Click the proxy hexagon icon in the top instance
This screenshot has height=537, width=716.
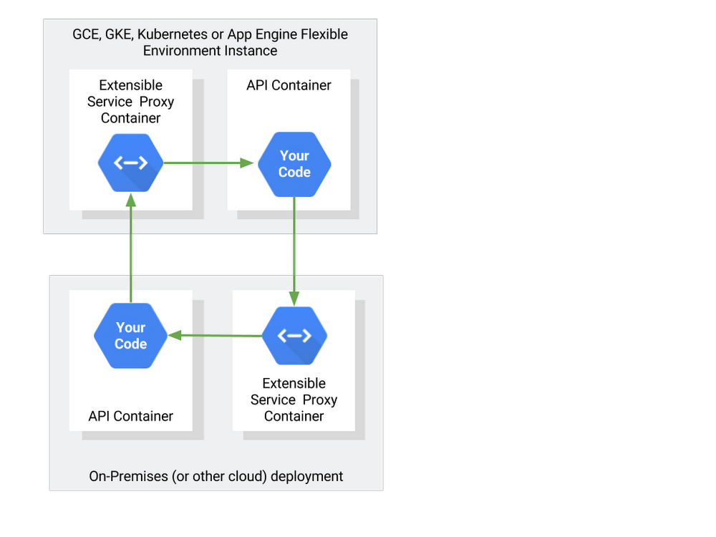click(130, 163)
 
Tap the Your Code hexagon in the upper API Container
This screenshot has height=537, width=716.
click(294, 165)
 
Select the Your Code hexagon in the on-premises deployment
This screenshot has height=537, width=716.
click(130, 336)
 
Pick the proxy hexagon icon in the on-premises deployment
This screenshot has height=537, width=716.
click(294, 336)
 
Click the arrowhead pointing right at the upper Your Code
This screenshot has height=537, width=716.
click(246, 163)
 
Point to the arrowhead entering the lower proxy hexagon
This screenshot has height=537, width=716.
click(294, 299)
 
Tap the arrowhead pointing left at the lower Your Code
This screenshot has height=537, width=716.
click(175, 336)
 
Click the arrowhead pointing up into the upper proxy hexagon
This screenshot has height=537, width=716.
click(131, 200)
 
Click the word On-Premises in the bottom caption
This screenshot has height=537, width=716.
click(129, 476)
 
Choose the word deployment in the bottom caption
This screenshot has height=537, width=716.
click(307, 477)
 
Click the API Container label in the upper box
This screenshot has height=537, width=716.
click(289, 85)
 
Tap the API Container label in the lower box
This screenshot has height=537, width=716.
click(130, 417)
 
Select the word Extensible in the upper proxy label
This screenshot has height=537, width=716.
click(130, 85)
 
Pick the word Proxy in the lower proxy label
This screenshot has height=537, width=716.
click(319, 400)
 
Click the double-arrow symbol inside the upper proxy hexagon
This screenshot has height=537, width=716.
click(130, 163)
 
